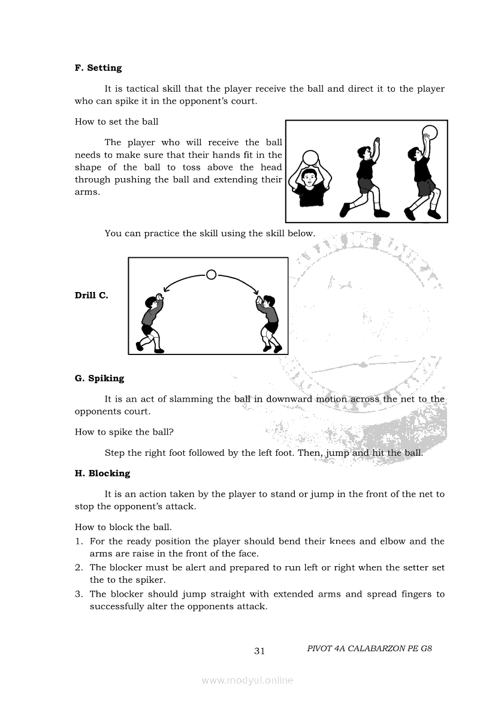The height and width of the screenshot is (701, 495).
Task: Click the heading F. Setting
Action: (x=98, y=68)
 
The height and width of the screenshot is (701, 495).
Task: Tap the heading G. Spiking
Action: (x=99, y=378)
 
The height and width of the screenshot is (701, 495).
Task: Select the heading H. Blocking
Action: (x=102, y=473)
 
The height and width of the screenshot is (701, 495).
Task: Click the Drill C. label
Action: (x=91, y=296)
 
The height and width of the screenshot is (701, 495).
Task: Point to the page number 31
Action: (x=259, y=651)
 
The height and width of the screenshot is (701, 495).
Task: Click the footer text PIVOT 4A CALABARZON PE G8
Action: (x=369, y=649)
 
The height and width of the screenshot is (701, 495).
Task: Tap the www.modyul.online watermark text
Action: (x=248, y=680)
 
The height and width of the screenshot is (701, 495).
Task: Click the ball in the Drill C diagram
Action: (x=211, y=275)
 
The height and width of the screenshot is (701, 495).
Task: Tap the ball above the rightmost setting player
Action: (x=430, y=132)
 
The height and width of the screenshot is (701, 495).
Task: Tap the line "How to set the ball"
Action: (x=116, y=122)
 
